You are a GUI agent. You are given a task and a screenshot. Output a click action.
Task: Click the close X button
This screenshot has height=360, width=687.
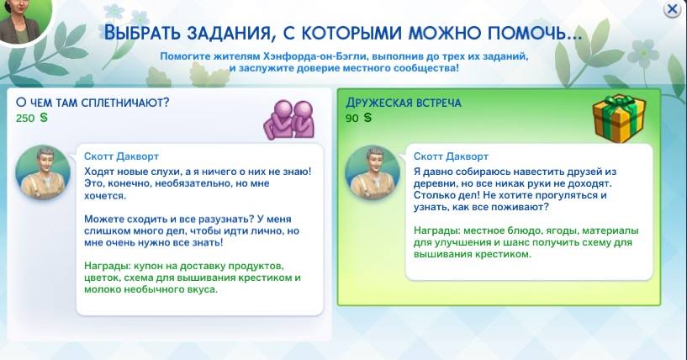(x=672, y=8)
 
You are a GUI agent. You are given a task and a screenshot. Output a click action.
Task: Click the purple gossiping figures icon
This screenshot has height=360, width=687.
(x=288, y=119)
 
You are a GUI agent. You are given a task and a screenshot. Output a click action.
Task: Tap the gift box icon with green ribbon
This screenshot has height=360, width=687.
(x=619, y=118)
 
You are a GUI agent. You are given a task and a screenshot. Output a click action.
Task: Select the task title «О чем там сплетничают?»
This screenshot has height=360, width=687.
(x=92, y=103)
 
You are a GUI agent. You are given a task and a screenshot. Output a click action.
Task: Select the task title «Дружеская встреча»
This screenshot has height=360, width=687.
(x=404, y=103)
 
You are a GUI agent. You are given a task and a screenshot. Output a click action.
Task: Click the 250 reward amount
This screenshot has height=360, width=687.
(x=25, y=119)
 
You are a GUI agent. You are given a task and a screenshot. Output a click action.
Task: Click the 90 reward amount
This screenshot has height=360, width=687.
(x=351, y=119)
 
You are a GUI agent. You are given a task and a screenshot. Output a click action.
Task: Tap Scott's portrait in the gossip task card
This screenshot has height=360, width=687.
(x=43, y=172)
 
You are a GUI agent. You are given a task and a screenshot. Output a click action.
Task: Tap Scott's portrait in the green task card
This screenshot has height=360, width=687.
(x=373, y=172)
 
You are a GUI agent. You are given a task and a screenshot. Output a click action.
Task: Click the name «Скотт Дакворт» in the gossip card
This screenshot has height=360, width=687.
(x=121, y=156)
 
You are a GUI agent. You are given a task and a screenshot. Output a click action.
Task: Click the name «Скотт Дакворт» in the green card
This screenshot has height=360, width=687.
(x=451, y=156)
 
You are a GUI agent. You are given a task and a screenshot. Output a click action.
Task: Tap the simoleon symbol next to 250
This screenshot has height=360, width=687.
(x=44, y=118)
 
